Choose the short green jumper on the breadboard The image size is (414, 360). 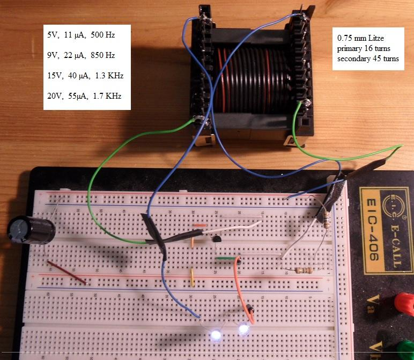point(226,259)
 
